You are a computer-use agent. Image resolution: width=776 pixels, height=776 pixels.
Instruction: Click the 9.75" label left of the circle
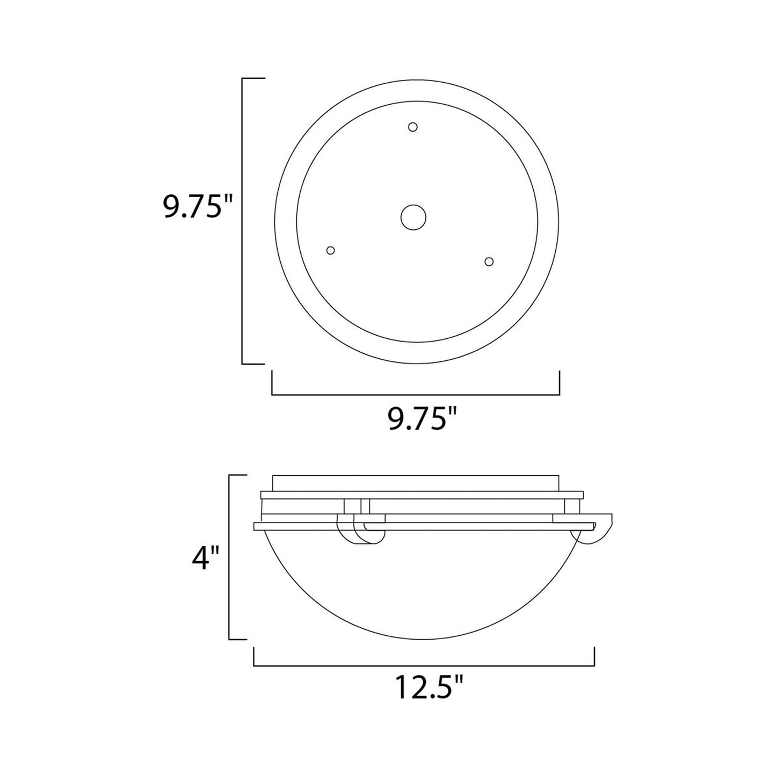pyautogui.click(x=192, y=207)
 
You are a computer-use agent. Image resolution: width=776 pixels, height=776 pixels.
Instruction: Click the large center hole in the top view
pyautogui.click(x=414, y=217)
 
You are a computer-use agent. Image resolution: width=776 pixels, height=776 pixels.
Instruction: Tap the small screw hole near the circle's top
pyautogui.click(x=412, y=127)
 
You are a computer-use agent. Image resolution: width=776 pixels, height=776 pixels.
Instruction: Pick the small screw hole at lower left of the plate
pyautogui.click(x=331, y=250)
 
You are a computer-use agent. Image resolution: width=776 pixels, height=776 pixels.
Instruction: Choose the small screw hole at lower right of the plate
pyautogui.click(x=489, y=262)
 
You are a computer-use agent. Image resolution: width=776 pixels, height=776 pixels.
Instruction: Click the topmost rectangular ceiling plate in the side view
pyautogui.click(x=416, y=482)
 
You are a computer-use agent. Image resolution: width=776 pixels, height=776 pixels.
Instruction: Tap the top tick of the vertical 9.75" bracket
pyautogui.click(x=253, y=78)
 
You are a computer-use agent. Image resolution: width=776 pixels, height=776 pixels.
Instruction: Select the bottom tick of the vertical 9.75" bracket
pyautogui.click(x=253, y=364)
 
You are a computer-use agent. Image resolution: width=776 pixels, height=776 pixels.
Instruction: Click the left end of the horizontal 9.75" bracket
pyautogui.click(x=272, y=382)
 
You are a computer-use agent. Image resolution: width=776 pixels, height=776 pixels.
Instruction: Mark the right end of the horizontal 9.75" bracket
pyautogui.click(x=560, y=382)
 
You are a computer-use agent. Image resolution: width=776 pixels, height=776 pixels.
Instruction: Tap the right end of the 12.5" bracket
pyautogui.click(x=594, y=656)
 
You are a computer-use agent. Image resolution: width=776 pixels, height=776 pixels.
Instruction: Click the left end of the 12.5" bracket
pyautogui.click(x=253, y=656)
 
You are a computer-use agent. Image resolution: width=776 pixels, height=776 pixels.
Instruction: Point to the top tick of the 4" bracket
pyautogui.click(x=237, y=475)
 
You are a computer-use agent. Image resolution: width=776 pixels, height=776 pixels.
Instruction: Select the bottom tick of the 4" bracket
pyautogui.click(x=237, y=639)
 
